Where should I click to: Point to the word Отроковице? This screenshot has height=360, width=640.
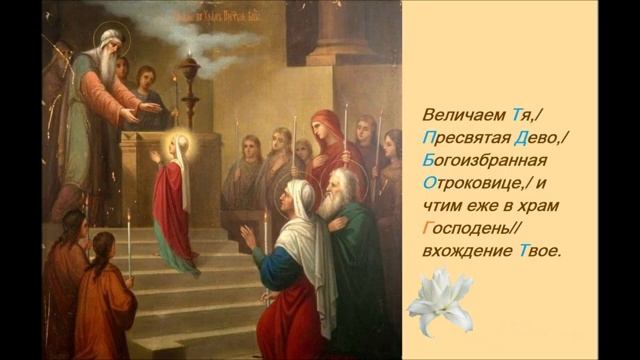pos(456,184)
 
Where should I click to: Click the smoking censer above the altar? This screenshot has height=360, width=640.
pos(189,70)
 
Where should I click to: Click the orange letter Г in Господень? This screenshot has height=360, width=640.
pos(415,229)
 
